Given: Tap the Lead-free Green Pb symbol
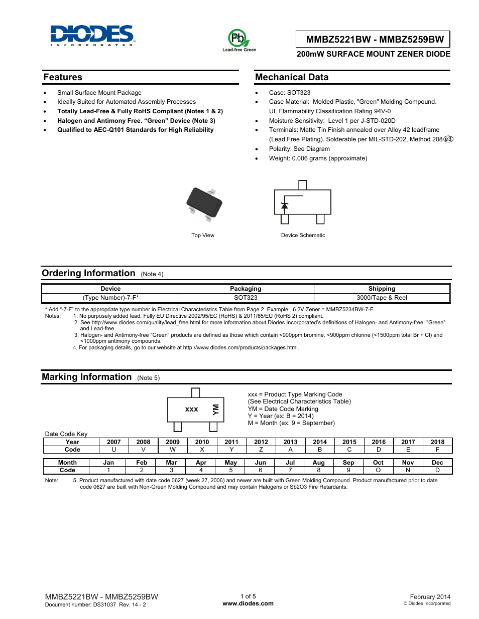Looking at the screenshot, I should (238, 38).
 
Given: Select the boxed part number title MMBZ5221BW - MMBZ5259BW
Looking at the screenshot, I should (375, 40).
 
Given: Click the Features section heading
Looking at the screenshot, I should (63, 77).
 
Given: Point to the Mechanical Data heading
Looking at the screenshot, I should (292, 77).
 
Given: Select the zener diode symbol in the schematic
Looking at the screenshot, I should (285, 205).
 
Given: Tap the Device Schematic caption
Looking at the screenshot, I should (303, 235).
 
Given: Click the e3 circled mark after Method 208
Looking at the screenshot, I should (448, 139).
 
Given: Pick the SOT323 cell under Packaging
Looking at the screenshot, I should (246, 298).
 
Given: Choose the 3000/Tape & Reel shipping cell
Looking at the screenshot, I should (382, 298).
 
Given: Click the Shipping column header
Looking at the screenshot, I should (382, 289).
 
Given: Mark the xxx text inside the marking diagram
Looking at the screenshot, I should (191, 409).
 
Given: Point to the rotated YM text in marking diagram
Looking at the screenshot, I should (216, 409).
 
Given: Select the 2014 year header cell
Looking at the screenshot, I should (320, 442).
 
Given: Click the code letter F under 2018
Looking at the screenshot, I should (437, 450).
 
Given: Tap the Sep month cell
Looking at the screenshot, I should (348, 463).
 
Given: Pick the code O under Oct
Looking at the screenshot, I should (378, 470).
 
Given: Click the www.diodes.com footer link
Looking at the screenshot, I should (248, 603).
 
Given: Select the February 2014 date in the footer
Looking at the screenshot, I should (430, 597).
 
